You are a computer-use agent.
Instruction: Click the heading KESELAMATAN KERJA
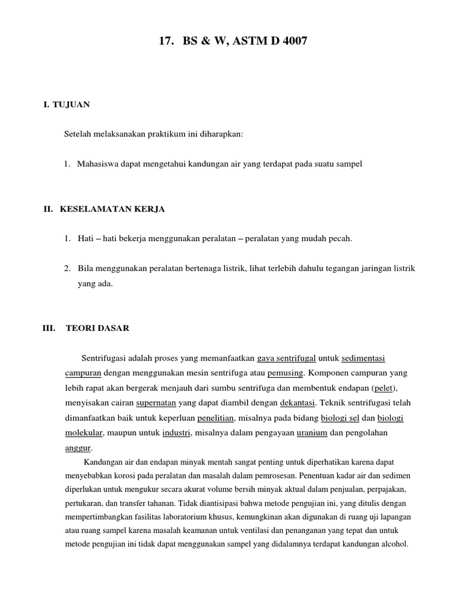point(112,209)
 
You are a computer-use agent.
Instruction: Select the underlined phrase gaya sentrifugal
point(286,359)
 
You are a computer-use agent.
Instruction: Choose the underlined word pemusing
point(286,373)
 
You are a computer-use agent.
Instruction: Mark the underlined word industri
point(176,433)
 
